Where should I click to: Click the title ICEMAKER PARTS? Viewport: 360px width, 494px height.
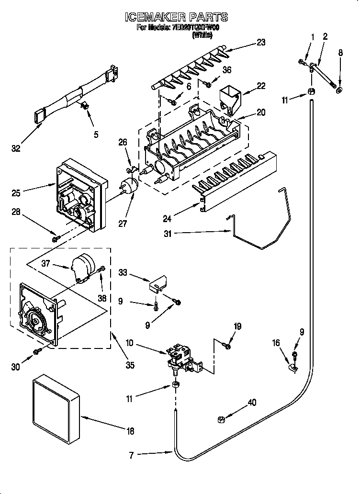[176, 18]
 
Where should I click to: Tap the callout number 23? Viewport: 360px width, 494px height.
[260, 42]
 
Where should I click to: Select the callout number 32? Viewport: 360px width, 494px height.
[16, 149]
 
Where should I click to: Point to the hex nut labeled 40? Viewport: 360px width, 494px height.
[222, 419]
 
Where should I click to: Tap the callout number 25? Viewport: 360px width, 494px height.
[16, 193]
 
